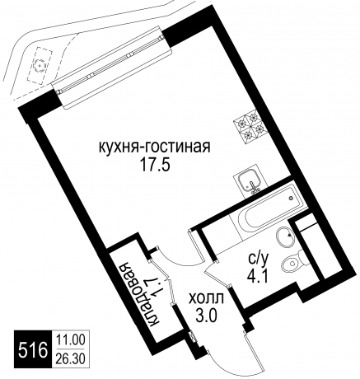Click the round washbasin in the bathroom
(285, 238)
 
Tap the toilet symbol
(291, 264)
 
